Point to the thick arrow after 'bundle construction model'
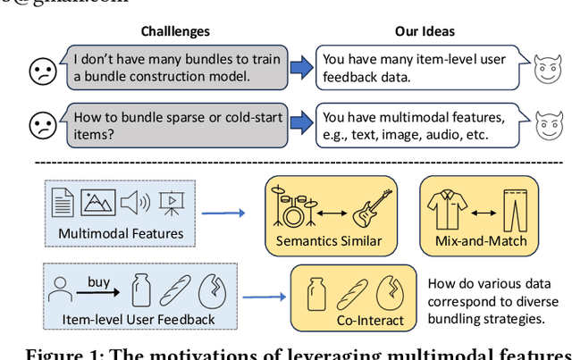[x=302, y=67]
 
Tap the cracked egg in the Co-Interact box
[x=391, y=292]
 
